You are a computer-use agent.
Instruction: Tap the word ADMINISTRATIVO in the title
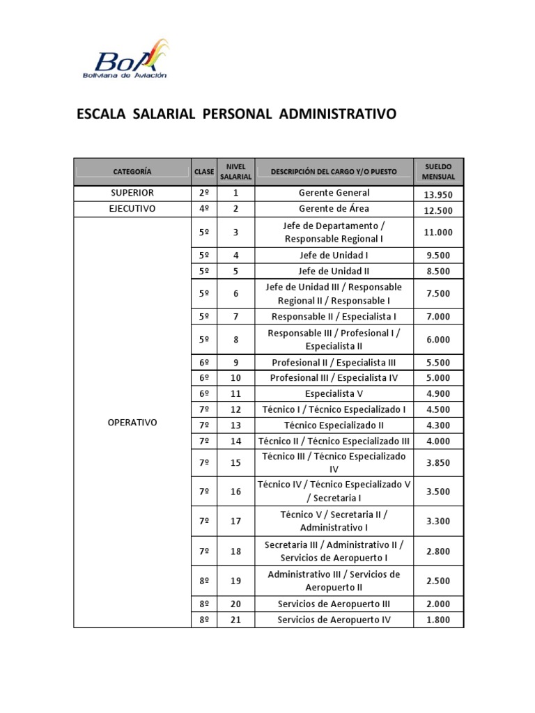pos(337,113)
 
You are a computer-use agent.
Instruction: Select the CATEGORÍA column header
pos(132,171)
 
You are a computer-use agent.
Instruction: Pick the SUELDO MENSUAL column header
pos(438,171)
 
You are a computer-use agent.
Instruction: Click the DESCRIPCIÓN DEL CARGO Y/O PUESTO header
pos(334,171)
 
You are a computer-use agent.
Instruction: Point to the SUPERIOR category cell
pos(132,193)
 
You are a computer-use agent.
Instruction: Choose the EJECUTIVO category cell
pos(132,209)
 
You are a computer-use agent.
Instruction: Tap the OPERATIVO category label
pos(132,423)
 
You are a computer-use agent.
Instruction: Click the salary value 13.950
pos(439,194)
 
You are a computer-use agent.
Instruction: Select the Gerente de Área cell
pos(334,209)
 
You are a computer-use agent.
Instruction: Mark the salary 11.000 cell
pos(439,233)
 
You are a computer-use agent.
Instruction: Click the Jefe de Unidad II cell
pos(334,271)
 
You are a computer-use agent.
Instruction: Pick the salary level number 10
pos(235,378)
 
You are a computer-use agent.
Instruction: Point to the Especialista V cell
pos(334,393)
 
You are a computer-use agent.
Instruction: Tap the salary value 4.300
pos(439,425)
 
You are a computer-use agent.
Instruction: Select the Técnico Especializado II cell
pos(334,425)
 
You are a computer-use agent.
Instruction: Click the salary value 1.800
pos(439,620)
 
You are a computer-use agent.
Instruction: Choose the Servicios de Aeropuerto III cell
pos(334,604)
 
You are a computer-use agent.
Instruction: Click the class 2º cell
pos(204,193)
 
